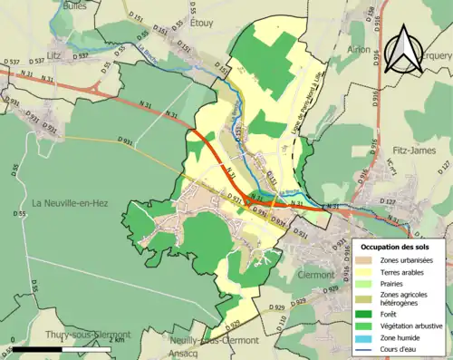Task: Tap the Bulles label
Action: pos(75,5)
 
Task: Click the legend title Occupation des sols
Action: pos(400,247)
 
